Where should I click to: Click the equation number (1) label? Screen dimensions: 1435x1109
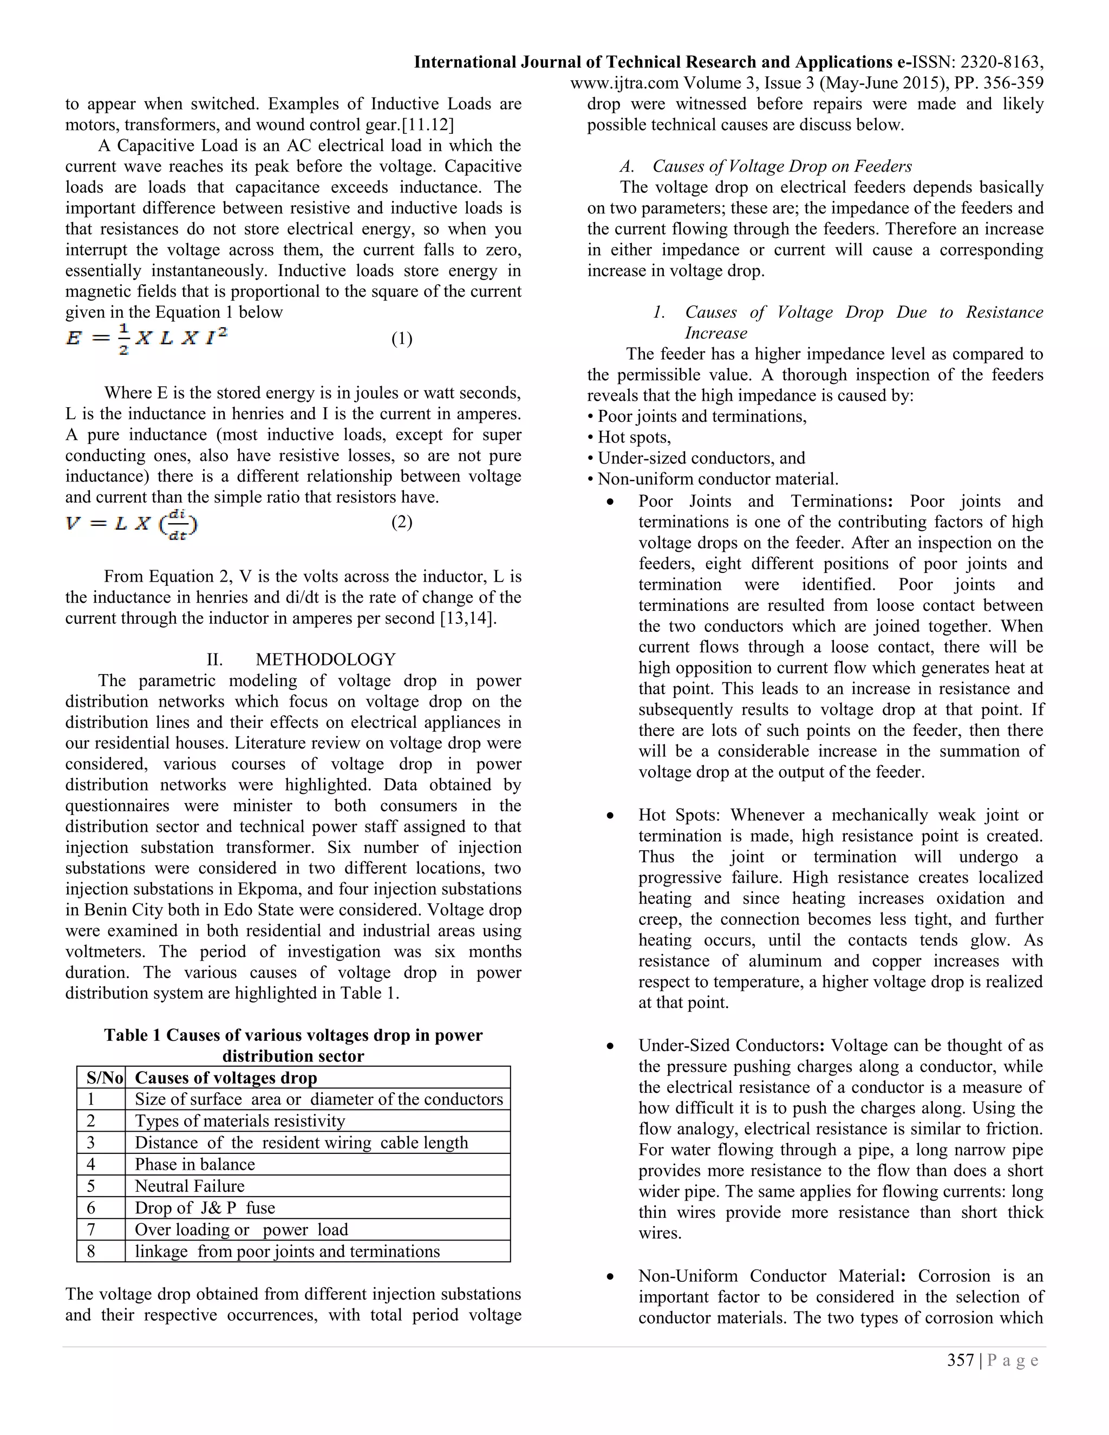[401, 338]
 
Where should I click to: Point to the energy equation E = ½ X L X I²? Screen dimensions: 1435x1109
[147, 339]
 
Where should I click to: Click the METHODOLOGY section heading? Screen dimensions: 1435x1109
[325, 659]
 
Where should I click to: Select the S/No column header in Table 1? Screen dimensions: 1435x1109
[105, 1078]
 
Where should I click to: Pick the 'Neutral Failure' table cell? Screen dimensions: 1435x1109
[190, 1186]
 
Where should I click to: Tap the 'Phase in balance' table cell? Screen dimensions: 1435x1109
[195, 1164]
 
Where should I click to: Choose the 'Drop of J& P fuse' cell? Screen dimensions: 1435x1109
[205, 1208]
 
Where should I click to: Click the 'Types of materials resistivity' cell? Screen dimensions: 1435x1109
[240, 1121]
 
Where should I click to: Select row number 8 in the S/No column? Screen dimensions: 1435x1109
[92, 1251]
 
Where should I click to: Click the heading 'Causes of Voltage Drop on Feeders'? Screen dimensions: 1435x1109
[782, 166]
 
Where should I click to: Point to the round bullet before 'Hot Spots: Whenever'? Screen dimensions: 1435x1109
[611, 816]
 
